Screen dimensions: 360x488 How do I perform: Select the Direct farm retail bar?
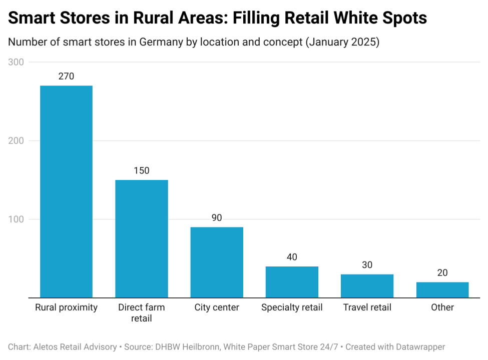[x=142, y=238]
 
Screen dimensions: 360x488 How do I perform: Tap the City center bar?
[x=217, y=262]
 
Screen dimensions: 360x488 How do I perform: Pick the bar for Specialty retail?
[x=292, y=282]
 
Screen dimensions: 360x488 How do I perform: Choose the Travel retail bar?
[x=367, y=286]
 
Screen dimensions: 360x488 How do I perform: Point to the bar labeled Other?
[x=442, y=290]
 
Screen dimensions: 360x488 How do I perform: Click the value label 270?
[x=66, y=76]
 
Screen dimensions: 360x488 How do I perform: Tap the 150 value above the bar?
[x=142, y=170]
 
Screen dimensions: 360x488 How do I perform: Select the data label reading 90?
[x=217, y=218]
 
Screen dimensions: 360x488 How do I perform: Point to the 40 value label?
[x=292, y=257]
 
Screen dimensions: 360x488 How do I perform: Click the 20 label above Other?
[x=442, y=273]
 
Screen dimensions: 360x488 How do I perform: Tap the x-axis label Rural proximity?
[x=66, y=307]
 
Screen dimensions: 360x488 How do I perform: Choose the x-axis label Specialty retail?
[x=292, y=307]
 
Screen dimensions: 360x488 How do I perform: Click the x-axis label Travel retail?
[x=367, y=307]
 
